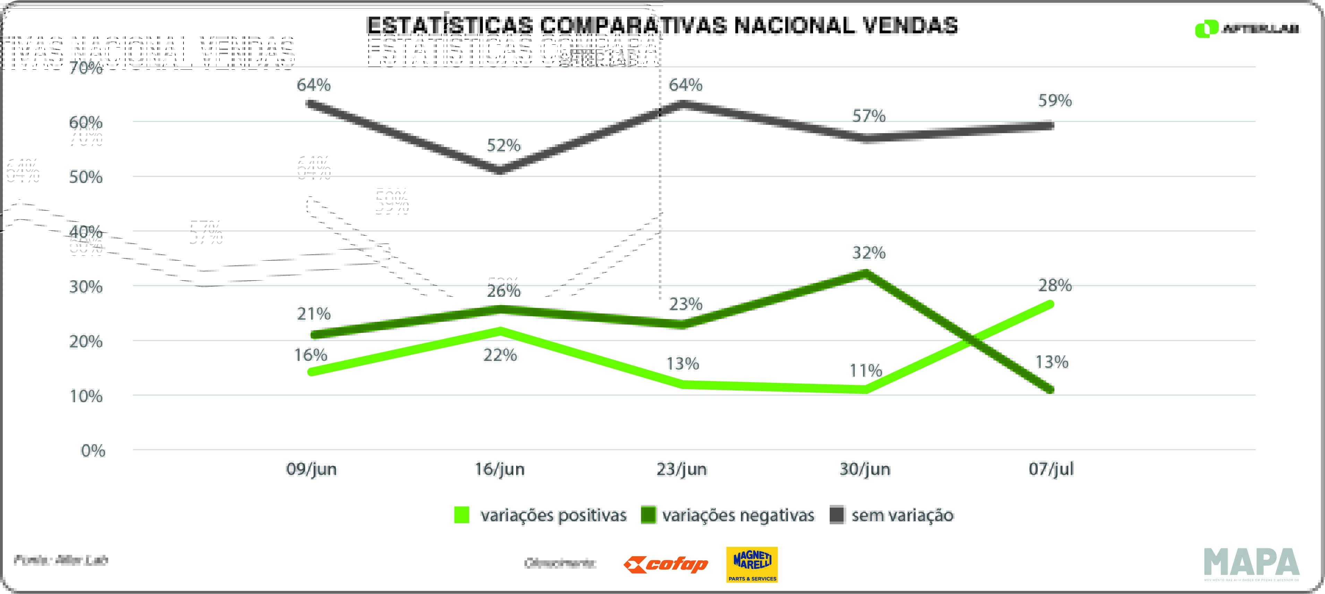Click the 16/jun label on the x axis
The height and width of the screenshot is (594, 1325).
coord(499,469)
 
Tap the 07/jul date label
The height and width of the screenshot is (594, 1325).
coord(1051,469)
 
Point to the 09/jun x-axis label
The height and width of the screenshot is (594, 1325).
coord(311,469)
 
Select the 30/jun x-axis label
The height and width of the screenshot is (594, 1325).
coord(865,469)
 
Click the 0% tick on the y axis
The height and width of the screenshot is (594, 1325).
coord(93,451)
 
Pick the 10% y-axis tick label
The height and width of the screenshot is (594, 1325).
coord(86,396)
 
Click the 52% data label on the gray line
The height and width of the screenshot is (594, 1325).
coord(504,146)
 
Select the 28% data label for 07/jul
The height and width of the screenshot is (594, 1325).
coord(1054,285)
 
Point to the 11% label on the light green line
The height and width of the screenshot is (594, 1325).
coord(866,370)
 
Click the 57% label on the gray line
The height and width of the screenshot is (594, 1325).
coord(869,116)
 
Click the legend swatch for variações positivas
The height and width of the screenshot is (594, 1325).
coord(462,515)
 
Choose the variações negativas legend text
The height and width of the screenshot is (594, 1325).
coord(738,515)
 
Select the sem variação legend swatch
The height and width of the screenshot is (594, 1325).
coord(837,515)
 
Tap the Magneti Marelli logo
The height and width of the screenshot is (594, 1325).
coord(752,564)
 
